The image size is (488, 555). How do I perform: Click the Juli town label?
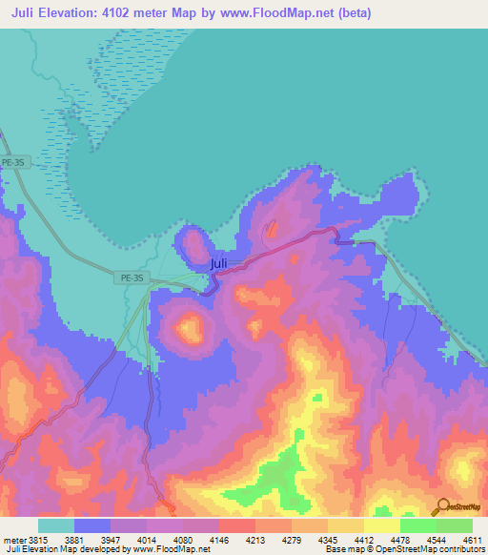click(218, 264)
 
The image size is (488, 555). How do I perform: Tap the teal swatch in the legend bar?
click(56, 525)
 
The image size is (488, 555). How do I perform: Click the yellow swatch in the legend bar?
click(381, 525)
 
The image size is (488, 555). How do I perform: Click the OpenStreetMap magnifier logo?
click(441, 505)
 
